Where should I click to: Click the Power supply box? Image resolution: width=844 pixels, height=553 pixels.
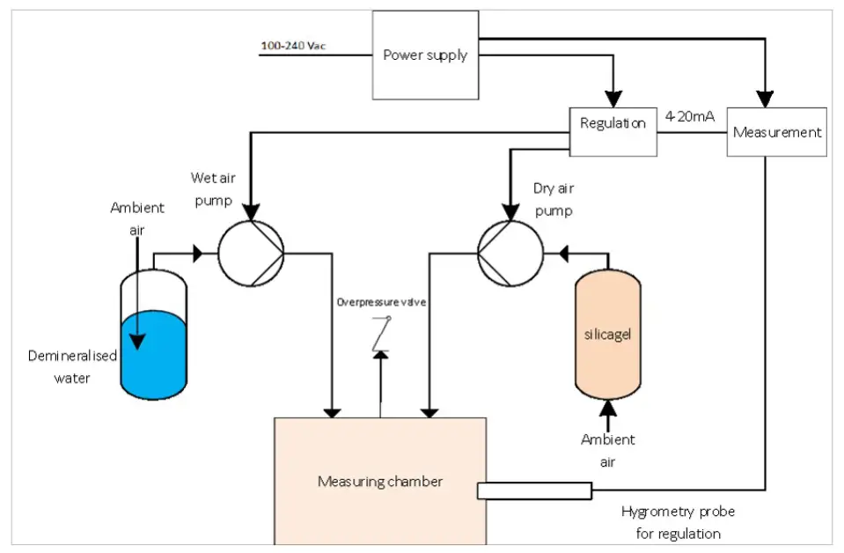coord(425,55)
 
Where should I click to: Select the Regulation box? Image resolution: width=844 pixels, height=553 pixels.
coord(613,124)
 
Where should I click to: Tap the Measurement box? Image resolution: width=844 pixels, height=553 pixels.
coord(776,132)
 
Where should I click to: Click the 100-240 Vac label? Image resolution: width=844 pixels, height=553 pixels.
coord(293,45)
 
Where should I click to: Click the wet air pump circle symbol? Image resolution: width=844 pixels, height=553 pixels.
coord(251,253)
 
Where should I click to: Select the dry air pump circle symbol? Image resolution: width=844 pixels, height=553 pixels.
coord(510,253)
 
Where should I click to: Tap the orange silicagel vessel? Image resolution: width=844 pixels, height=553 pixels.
coord(607,335)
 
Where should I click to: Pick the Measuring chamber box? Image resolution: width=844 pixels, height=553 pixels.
coord(380,481)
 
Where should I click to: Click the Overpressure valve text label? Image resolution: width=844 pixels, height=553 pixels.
coord(381,302)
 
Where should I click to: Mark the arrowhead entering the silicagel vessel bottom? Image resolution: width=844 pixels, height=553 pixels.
coord(607,407)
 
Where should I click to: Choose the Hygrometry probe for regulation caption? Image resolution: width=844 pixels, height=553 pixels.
coord(678,522)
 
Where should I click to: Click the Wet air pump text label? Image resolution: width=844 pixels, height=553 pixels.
coord(212,188)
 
